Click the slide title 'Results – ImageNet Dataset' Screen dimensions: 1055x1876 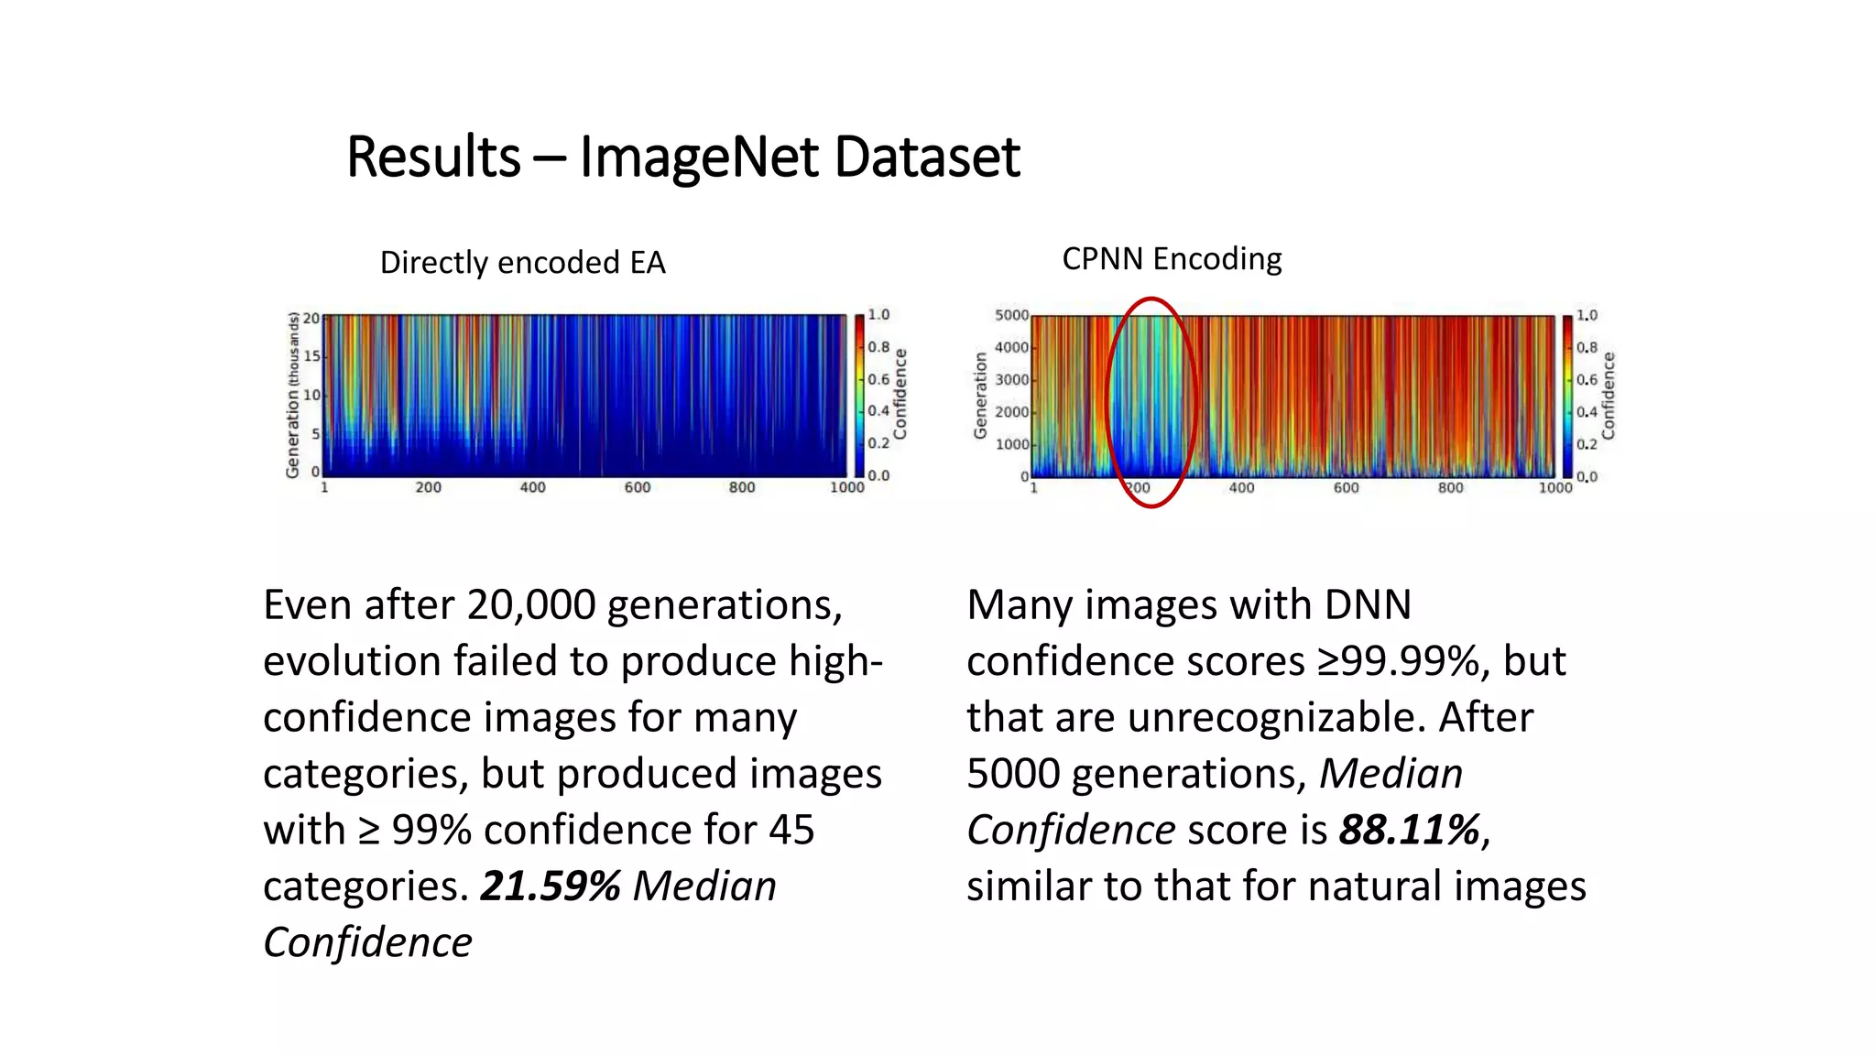682,157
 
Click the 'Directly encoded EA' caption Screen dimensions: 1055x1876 522,263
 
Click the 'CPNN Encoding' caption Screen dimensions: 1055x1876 1172,259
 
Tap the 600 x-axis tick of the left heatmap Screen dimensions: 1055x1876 638,487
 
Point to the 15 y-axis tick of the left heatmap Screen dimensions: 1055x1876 311,355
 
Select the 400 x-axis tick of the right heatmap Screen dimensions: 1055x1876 1241,488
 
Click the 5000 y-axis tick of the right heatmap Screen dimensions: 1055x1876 1011,315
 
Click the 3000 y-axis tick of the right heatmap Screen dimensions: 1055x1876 1011,379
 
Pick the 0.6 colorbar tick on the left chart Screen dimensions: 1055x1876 878,379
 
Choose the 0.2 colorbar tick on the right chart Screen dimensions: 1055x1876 1587,444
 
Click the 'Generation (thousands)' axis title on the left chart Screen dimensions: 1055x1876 293,395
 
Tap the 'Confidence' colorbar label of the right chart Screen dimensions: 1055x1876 1609,396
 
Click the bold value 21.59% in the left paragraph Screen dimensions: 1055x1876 551,886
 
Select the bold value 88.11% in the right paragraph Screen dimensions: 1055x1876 1410,830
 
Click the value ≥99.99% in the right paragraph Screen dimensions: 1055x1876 1398,661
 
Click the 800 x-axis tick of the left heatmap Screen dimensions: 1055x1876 742,487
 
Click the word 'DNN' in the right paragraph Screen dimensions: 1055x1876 1368,605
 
